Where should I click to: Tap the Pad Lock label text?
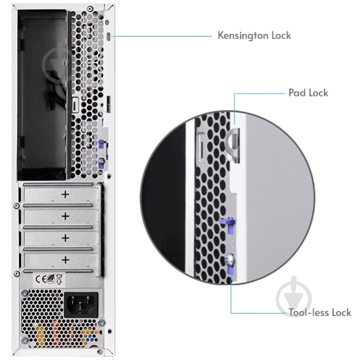click(x=308, y=92)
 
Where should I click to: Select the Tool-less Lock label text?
click(x=320, y=312)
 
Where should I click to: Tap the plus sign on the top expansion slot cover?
click(x=65, y=195)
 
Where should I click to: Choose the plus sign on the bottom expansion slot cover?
click(x=65, y=259)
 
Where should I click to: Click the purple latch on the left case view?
click(x=101, y=146)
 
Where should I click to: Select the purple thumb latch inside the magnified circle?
click(x=227, y=224)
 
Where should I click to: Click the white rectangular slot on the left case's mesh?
click(x=75, y=107)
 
